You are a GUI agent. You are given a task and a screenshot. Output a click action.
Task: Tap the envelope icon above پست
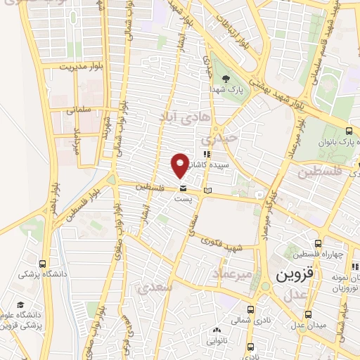183,188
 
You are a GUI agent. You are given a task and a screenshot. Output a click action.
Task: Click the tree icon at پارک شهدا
226,79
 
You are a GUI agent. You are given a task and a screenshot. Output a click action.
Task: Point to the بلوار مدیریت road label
81,66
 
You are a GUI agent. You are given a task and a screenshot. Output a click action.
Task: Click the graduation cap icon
21,304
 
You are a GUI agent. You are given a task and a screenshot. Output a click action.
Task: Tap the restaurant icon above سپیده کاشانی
206,154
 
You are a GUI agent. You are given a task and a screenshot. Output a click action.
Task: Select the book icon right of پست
206,190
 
